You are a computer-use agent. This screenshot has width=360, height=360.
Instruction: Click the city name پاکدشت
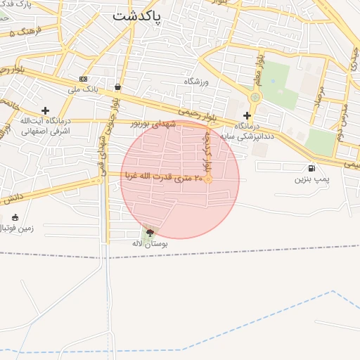point(136,15)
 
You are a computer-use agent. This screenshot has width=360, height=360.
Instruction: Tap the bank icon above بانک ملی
point(84,79)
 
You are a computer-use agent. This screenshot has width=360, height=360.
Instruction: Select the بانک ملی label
point(83,89)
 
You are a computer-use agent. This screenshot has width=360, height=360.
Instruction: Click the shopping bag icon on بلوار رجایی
point(117,87)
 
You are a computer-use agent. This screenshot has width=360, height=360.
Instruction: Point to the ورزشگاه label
point(198,82)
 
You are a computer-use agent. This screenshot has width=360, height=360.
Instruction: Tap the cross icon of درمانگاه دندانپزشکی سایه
point(247,115)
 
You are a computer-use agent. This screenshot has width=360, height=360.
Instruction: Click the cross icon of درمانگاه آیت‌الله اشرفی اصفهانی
point(46,110)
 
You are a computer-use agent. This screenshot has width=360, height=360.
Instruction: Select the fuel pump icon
point(311,168)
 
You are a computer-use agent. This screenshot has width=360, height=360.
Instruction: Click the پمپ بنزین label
point(312,179)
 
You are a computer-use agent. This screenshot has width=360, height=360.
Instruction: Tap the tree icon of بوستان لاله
point(149,232)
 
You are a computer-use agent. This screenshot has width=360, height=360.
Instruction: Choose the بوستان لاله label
point(149,243)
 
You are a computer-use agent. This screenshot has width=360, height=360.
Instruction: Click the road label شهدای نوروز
point(152,124)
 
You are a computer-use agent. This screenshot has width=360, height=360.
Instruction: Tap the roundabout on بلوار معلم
point(255,98)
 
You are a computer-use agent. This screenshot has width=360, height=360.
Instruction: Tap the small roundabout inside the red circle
point(207,179)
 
